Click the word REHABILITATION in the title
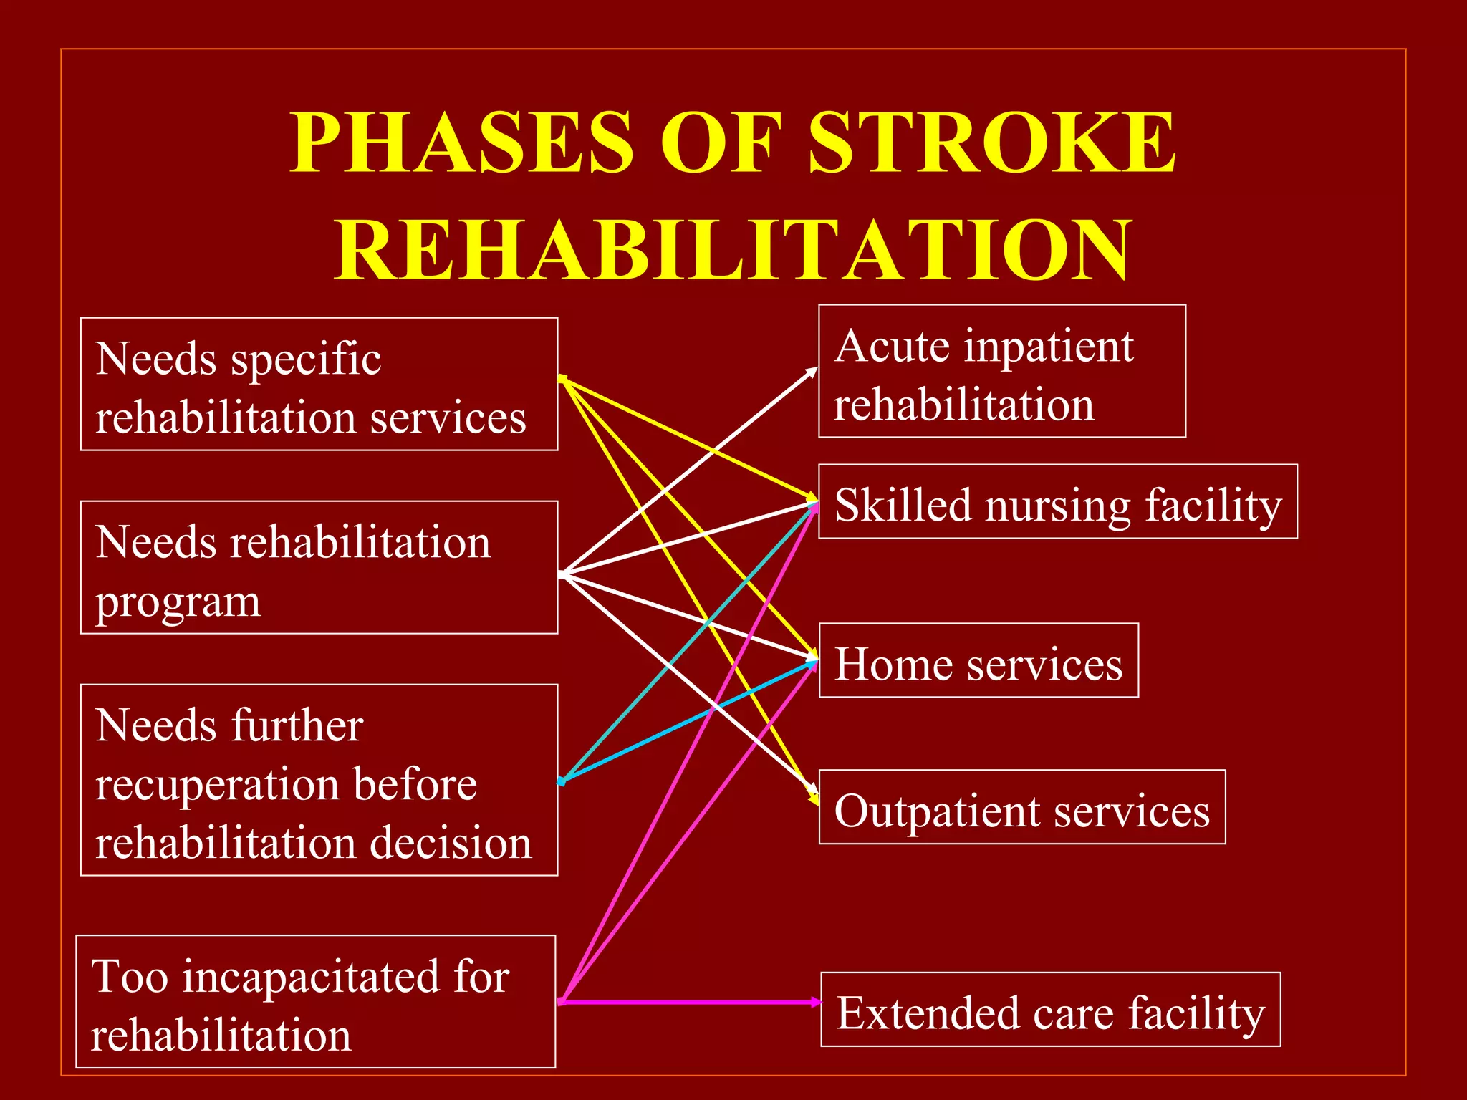point(733,251)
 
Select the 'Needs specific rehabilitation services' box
point(319,385)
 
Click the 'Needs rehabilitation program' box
point(319,567)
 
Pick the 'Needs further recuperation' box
point(319,780)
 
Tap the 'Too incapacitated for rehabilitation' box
point(315,1001)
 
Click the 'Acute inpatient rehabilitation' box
point(1001,371)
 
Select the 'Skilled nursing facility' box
point(1057,501)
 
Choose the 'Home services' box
point(978,660)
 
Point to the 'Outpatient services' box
point(1021,807)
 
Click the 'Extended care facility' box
point(1050,1009)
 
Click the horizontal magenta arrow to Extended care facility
point(688,1002)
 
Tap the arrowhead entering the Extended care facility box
point(815,1002)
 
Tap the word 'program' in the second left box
point(178,602)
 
